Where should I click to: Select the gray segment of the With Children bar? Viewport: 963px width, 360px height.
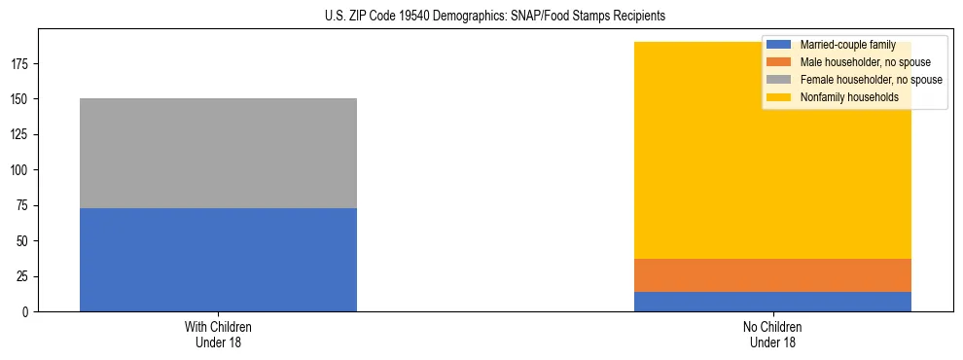coord(218,153)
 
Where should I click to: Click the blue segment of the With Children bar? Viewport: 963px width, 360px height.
coord(218,260)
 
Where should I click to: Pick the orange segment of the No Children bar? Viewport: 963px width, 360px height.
coord(772,275)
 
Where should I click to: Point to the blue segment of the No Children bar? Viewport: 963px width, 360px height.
coord(772,302)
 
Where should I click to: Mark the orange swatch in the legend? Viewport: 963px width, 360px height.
coord(779,62)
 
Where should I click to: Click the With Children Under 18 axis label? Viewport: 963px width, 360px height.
coord(218,334)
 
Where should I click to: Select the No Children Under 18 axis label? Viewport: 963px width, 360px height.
coord(772,334)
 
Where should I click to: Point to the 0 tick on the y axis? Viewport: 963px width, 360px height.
coord(27,312)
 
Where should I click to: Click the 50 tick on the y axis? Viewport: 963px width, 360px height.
coord(24,241)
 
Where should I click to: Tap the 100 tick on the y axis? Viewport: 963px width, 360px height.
coord(21,170)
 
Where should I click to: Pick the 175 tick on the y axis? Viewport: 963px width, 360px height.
coord(21,64)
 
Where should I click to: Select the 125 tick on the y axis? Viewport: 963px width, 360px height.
coord(21,135)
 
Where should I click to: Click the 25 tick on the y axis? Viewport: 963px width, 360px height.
coord(24,276)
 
